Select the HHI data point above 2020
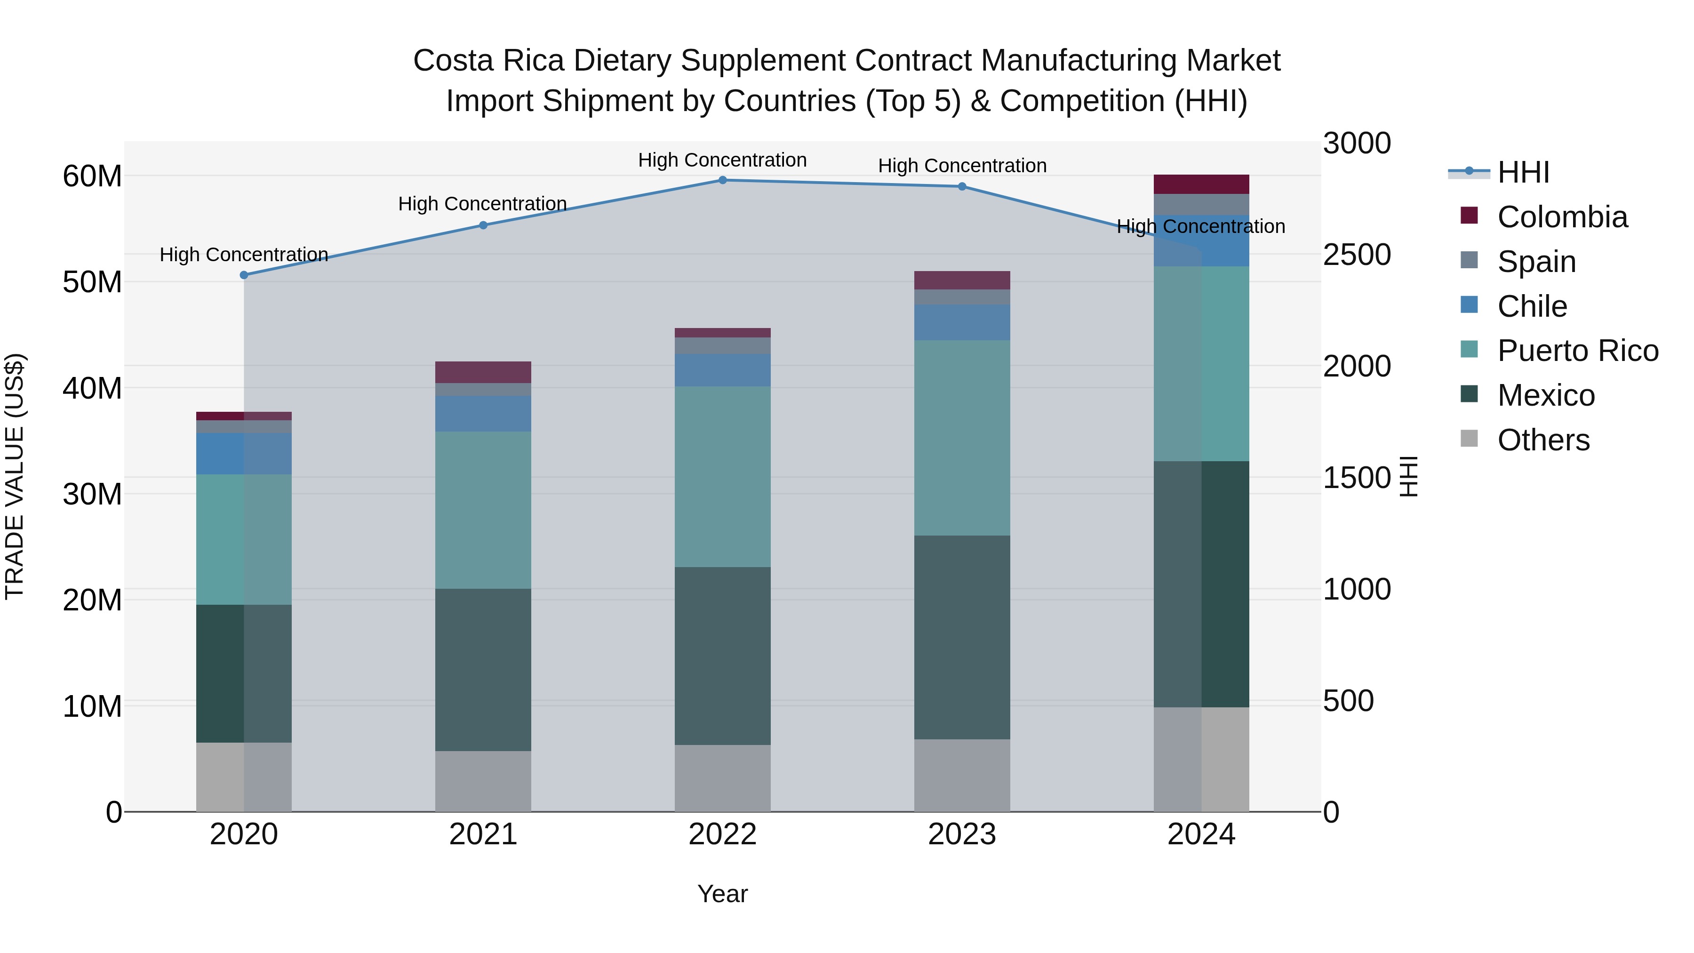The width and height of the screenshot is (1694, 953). pyautogui.click(x=244, y=275)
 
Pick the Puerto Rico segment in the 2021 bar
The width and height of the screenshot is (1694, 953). pyautogui.click(x=483, y=510)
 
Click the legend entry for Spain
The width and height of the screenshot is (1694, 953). pyautogui.click(x=1536, y=262)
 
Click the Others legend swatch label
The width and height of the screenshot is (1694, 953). pyautogui.click(x=1543, y=440)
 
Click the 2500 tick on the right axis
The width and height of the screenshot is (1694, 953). pyautogui.click(x=1357, y=255)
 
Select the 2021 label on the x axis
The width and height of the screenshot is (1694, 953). pyautogui.click(x=483, y=834)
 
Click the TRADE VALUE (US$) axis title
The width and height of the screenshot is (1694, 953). pyautogui.click(x=15, y=476)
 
